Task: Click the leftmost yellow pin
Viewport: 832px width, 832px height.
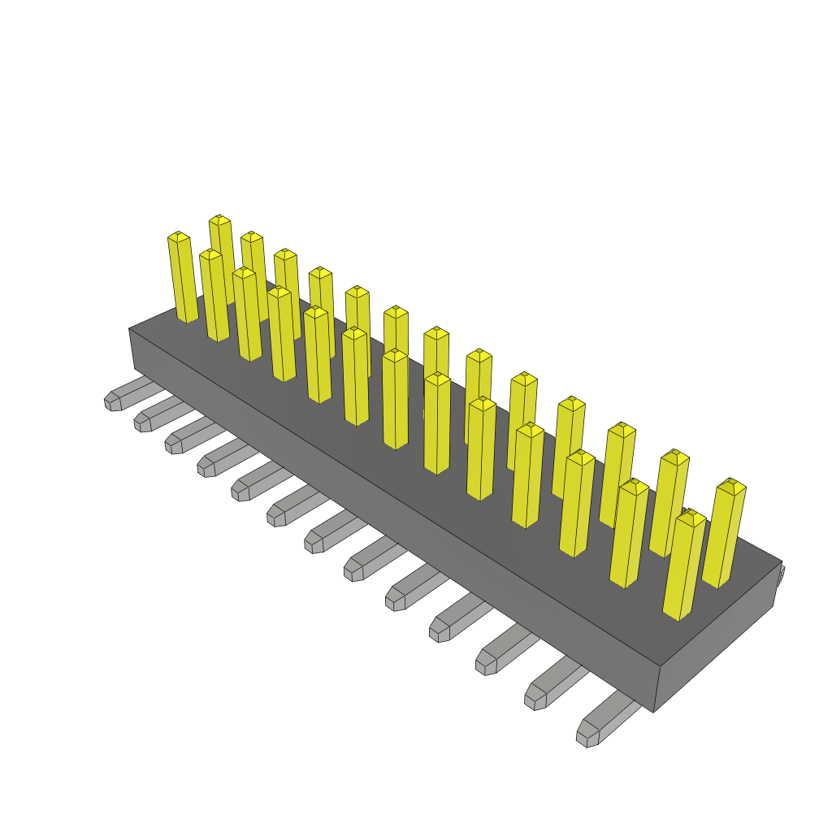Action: [x=183, y=280]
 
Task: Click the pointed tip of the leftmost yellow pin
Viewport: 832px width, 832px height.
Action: [x=179, y=236]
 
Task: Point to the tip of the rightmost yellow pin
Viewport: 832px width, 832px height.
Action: [x=731, y=484]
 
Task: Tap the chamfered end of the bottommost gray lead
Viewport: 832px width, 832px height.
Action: [x=587, y=736]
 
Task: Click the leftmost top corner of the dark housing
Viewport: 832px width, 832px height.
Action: [x=129, y=328]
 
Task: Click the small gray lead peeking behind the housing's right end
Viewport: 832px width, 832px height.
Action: [x=781, y=577]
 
